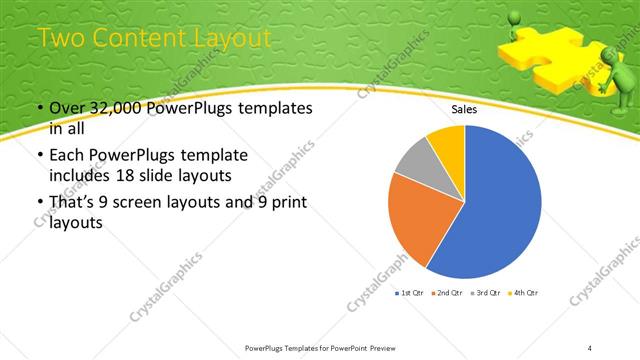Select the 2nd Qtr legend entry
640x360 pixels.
point(447,292)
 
